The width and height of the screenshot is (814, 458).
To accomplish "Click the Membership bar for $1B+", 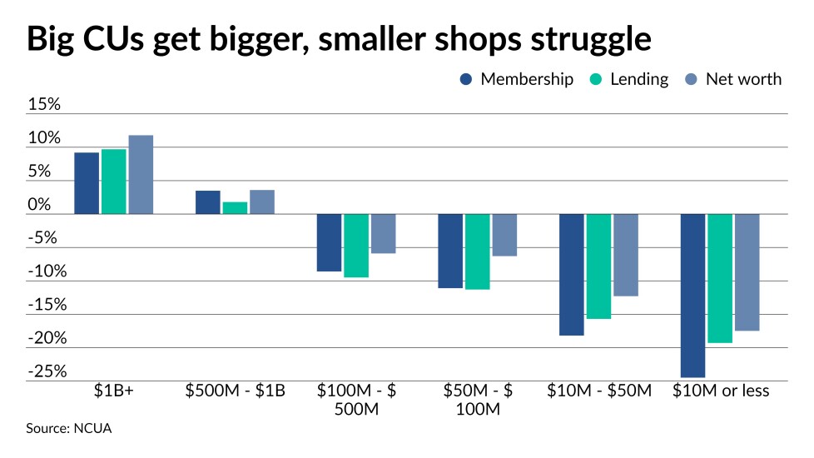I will point(87,183).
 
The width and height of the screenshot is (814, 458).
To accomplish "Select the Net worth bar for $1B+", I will point(141,175).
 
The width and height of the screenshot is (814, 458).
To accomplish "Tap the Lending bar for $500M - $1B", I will point(236,208).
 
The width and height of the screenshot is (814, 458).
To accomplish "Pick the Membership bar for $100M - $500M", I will point(329,242).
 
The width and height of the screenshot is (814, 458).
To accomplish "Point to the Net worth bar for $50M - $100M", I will point(504,235).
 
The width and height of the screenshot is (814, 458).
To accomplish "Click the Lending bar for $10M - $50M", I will point(598,266).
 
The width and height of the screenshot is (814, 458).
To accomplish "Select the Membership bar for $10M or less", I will point(692,296).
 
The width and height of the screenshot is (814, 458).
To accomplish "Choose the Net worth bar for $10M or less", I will point(747,272).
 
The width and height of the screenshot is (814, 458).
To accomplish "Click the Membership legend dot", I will point(466,80).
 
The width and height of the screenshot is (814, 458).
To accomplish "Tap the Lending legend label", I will point(639,80).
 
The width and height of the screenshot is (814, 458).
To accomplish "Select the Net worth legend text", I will point(743,80).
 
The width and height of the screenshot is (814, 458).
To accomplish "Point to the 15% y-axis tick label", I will point(45,106).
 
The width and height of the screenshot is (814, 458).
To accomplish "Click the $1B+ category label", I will point(113,391).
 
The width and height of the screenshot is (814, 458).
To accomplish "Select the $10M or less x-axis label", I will point(721,391).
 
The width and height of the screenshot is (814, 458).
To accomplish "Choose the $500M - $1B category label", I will point(236,391).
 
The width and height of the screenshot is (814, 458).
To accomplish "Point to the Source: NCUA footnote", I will point(69,429).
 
